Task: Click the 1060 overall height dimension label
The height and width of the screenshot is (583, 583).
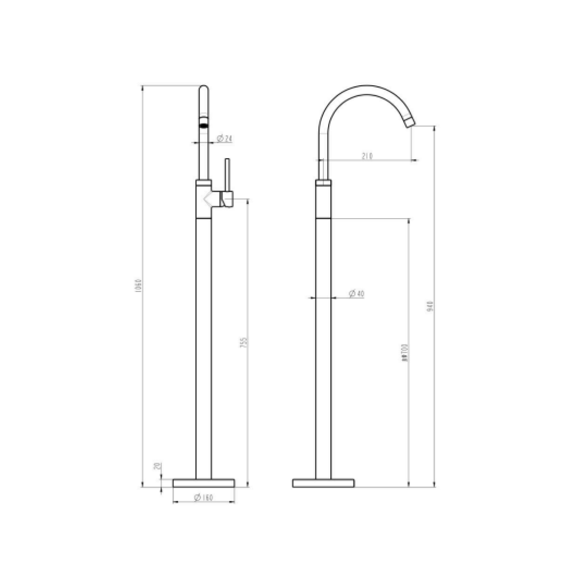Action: click(138, 286)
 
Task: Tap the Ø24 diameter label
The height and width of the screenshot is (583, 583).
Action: click(225, 139)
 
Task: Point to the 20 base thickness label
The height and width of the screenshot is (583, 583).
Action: click(157, 466)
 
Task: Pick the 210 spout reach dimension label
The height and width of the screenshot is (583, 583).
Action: click(367, 157)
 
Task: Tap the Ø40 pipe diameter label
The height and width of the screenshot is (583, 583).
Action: click(356, 294)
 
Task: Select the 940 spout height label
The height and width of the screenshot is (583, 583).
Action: click(430, 308)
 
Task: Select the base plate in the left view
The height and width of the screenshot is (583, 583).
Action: click(204, 483)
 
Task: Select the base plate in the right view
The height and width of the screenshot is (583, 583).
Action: click(323, 483)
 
